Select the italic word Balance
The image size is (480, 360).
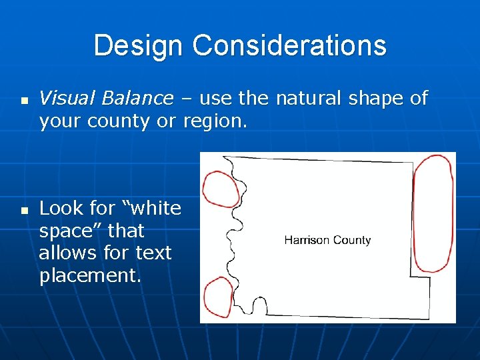pyautogui.click(x=137, y=99)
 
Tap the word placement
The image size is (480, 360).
pyautogui.click(x=90, y=276)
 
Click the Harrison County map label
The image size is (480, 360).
pyautogui.click(x=327, y=240)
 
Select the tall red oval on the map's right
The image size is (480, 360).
pyautogui.click(x=433, y=213)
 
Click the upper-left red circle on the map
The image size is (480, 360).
pyautogui.click(x=220, y=189)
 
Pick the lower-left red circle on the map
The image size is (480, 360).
pyautogui.click(x=217, y=297)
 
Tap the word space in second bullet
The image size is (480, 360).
pyautogui.click(x=69, y=231)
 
